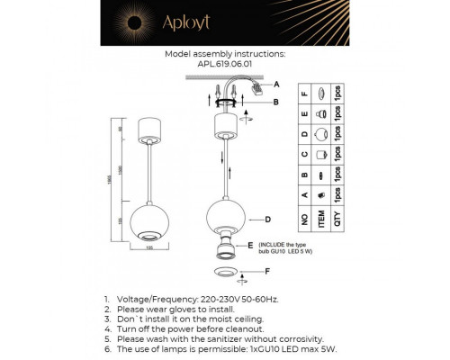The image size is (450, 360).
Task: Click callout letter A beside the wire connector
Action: point(276,84)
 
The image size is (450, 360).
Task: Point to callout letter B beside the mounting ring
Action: point(276,102)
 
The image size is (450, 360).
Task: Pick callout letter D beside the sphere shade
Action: point(267,219)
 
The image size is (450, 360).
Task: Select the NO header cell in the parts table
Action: point(307,218)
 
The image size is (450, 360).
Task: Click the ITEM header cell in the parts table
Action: point(321,218)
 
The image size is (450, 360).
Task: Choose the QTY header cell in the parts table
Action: point(337,218)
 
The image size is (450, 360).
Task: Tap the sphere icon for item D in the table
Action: point(321,138)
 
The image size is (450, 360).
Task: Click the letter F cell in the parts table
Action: point(307,93)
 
